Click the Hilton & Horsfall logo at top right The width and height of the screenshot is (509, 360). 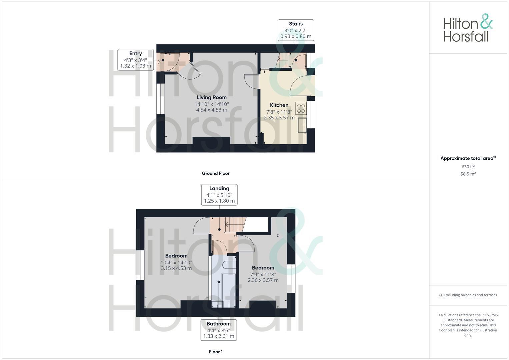pyautogui.click(x=468, y=28)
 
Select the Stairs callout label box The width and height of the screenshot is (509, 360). pyautogui.click(x=296, y=30)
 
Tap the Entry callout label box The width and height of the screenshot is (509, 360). pyautogui.click(x=135, y=60)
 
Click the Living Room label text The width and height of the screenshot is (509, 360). pyautogui.click(x=211, y=97)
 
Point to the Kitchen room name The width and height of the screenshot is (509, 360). pyautogui.click(x=279, y=105)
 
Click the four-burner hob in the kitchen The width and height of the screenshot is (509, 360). pyautogui.click(x=301, y=108)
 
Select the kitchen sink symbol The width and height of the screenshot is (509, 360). pyautogui.click(x=302, y=125)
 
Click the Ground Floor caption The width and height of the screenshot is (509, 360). pyautogui.click(x=215, y=173)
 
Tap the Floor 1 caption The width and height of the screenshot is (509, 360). pyautogui.click(x=215, y=352)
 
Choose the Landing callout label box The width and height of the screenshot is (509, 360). pyautogui.click(x=219, y=195)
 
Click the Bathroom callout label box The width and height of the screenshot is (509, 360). pyautogui.click(x=218, y=330)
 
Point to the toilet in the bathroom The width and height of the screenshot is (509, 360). pyautogui.click(x=229, y=265)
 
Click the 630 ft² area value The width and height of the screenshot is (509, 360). pyautogui.click(x=468, y=167)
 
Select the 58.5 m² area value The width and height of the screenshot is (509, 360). pyautogui.click(x=468, y=174)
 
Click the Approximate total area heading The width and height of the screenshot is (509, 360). pyautogui.click(x=468, y=158)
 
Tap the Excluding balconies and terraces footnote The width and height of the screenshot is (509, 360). pyautogui.click(x=468, y=295)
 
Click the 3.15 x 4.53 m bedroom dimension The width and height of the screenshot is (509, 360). pyautogui.click(x=176, y=268)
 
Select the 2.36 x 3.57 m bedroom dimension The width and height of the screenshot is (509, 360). pyautogui.click(x=263, y=280)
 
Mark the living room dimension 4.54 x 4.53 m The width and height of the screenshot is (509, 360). pyautogui.click(x=211, y=110)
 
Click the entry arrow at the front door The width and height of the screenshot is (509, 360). pyautogui.click(x=158, y=61)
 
